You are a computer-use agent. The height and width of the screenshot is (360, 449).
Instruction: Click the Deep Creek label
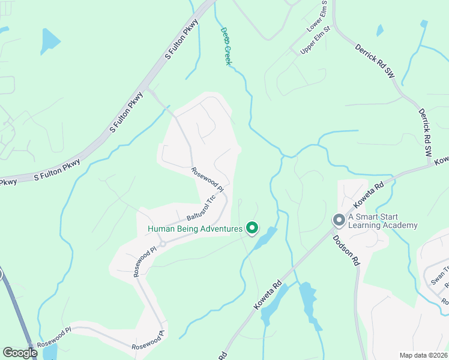pos(226,46)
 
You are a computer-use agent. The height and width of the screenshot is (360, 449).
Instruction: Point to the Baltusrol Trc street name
pos(201,208)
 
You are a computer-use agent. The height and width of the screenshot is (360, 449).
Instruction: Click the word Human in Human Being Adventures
pos(164,229)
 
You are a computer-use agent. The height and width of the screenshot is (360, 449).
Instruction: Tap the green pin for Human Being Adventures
pos(253,228)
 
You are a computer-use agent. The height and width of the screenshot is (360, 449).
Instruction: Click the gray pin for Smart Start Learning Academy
pos(339,221)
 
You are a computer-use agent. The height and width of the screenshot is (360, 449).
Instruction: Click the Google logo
pos(20,353)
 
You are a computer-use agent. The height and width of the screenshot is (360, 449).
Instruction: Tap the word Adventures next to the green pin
pos(221,229)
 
